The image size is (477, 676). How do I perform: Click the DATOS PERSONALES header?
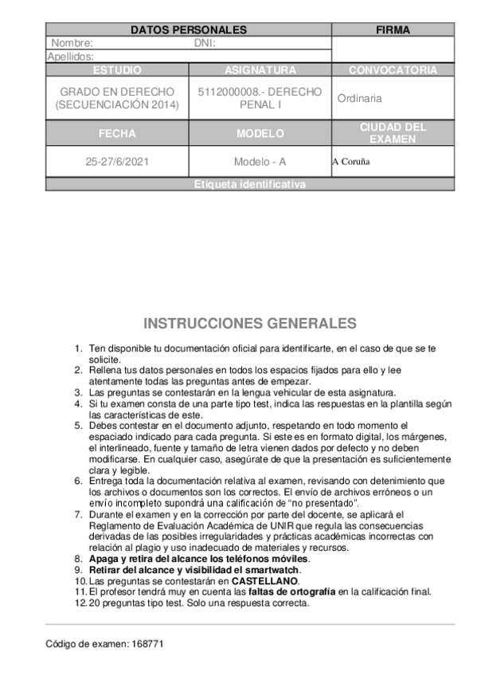click(x=188, y=30)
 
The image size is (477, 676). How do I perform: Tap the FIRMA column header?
click(x=393, y=30)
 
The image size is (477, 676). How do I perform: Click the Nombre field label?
click(x=72, y=44)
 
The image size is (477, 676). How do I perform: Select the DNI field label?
click(x=205, y=44)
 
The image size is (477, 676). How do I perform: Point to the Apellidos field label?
click(x=71, y=57)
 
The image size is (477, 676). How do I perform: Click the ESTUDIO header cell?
click(x=117, y=70)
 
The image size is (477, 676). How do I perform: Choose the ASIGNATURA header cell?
click(x=260, y=70)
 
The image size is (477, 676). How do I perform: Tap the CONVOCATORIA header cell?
click(x=393, y=70)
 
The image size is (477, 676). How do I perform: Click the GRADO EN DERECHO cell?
click(x=117, y=98)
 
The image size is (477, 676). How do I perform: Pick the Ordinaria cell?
click(x=359, y=99)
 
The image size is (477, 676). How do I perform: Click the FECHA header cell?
click(x=117, y=133)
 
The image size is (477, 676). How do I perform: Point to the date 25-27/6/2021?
click(x=117, y=161)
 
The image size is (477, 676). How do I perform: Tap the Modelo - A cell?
click(x=260, y=161)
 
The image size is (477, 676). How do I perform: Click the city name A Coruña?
click(x=351, y=162)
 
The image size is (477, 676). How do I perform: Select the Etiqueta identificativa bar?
click(x=249, y=184)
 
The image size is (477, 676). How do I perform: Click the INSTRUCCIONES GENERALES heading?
click(x=250, y=324)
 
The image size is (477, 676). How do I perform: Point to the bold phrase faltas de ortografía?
click(x=292, y=591)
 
